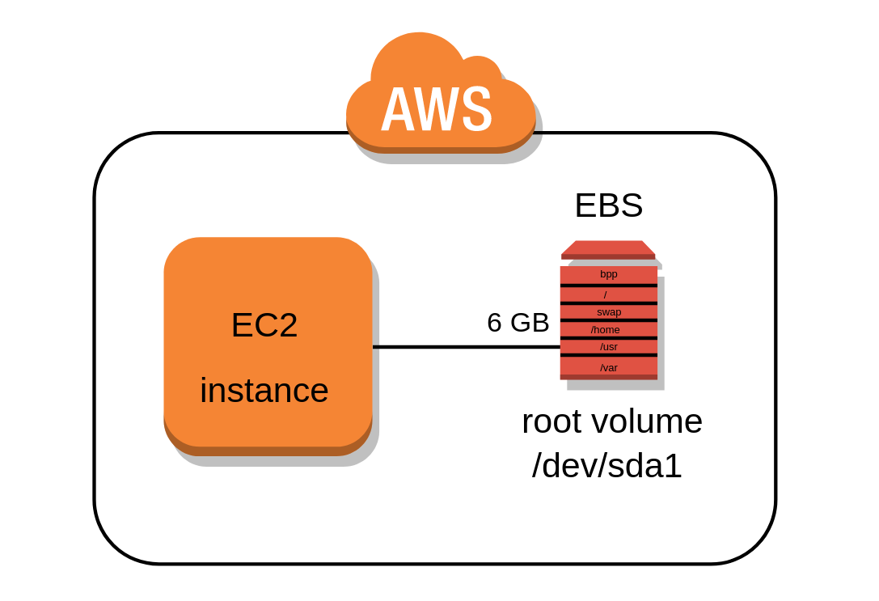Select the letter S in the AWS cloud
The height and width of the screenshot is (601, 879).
tap(477, 109)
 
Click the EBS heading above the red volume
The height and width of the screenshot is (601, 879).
tap(608, 205)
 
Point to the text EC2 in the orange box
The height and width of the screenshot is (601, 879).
tap(264, 325)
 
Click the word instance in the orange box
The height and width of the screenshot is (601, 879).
tap(264, 391)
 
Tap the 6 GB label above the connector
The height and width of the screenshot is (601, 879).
tap(518, 323)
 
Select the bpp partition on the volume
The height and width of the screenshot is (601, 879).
tap(608, 274)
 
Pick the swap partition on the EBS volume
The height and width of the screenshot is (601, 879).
tap(608, 312)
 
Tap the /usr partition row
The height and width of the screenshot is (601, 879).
tap(608, 347)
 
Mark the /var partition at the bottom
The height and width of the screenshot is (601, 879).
tap(608, 367)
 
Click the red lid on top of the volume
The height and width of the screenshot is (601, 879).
tap(608, 248)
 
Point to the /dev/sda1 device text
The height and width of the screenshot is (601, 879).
tap(606, 467)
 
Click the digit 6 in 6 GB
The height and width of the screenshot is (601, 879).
tap(495, 323)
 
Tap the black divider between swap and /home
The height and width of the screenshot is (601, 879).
tap(608, 320)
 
